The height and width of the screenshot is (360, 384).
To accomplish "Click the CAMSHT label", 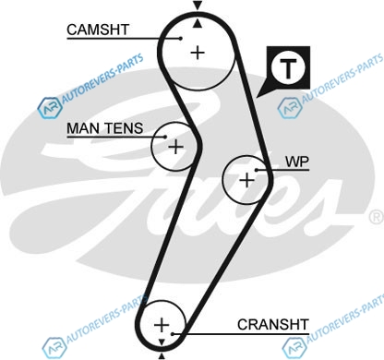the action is click(98, 30).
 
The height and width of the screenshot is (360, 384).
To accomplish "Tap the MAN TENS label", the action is click(105, 128).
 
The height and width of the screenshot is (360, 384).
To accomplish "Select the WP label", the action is click(297, 162).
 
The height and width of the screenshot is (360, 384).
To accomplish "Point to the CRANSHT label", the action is click(273, 324).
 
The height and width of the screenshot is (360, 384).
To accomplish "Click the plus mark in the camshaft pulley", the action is click(198, 53).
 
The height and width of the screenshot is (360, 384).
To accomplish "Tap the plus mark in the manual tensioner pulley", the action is click(175, 147).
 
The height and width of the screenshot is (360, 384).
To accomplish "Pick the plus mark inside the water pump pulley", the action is click(246, 180).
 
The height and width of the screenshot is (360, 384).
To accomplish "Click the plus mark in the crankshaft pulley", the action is click(162, 325).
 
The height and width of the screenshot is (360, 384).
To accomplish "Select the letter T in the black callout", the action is click(288, 68).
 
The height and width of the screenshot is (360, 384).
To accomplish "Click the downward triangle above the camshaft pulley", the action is click(198, 5).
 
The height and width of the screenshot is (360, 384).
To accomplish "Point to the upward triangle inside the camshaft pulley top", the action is click(198, 23).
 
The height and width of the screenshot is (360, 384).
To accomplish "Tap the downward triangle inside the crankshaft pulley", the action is click(162, 342).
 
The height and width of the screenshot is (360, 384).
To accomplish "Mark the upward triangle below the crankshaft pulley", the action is click(162, 356).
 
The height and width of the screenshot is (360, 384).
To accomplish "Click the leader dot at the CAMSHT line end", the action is click(181, 39).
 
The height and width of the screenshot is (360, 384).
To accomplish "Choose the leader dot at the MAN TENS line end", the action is click(165, 137).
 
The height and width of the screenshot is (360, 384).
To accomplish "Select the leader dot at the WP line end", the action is click(256, 170).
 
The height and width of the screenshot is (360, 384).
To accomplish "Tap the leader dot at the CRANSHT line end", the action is click(173, 334).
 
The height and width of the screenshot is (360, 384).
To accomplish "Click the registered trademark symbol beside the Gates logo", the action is click(377, 216).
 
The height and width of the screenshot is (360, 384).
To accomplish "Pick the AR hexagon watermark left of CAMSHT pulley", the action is click(49, 108).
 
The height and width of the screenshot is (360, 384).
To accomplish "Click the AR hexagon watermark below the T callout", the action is click(289, 108).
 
